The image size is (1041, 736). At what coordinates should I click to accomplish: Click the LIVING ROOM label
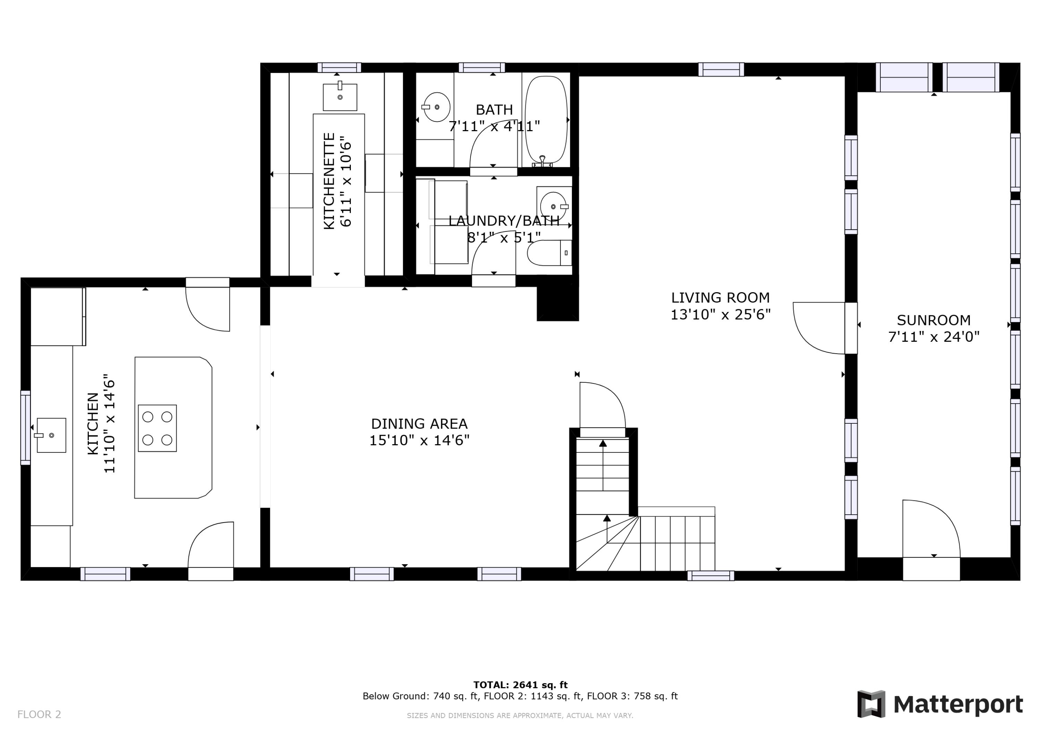(x=720, y=297)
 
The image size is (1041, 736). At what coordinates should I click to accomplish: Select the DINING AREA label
(x=419, y=424)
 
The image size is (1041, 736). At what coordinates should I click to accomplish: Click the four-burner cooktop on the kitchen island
(x=157, y=428)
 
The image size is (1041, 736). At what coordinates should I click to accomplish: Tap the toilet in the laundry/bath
(x=549, y=253)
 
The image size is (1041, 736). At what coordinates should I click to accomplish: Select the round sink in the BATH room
(x=436, y=107)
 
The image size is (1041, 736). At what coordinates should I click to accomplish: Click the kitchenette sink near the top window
(x=340, y=96)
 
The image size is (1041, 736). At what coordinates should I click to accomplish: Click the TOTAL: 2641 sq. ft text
(x=520, y=685)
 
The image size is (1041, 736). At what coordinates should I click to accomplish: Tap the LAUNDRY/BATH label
(x=504, y=221)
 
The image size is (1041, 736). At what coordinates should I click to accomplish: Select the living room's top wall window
(x=721, y=69)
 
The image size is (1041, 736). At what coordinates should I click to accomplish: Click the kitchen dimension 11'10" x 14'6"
(x=109, y=424)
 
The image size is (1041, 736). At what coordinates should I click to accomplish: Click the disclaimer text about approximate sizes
(x=520, y=716)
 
